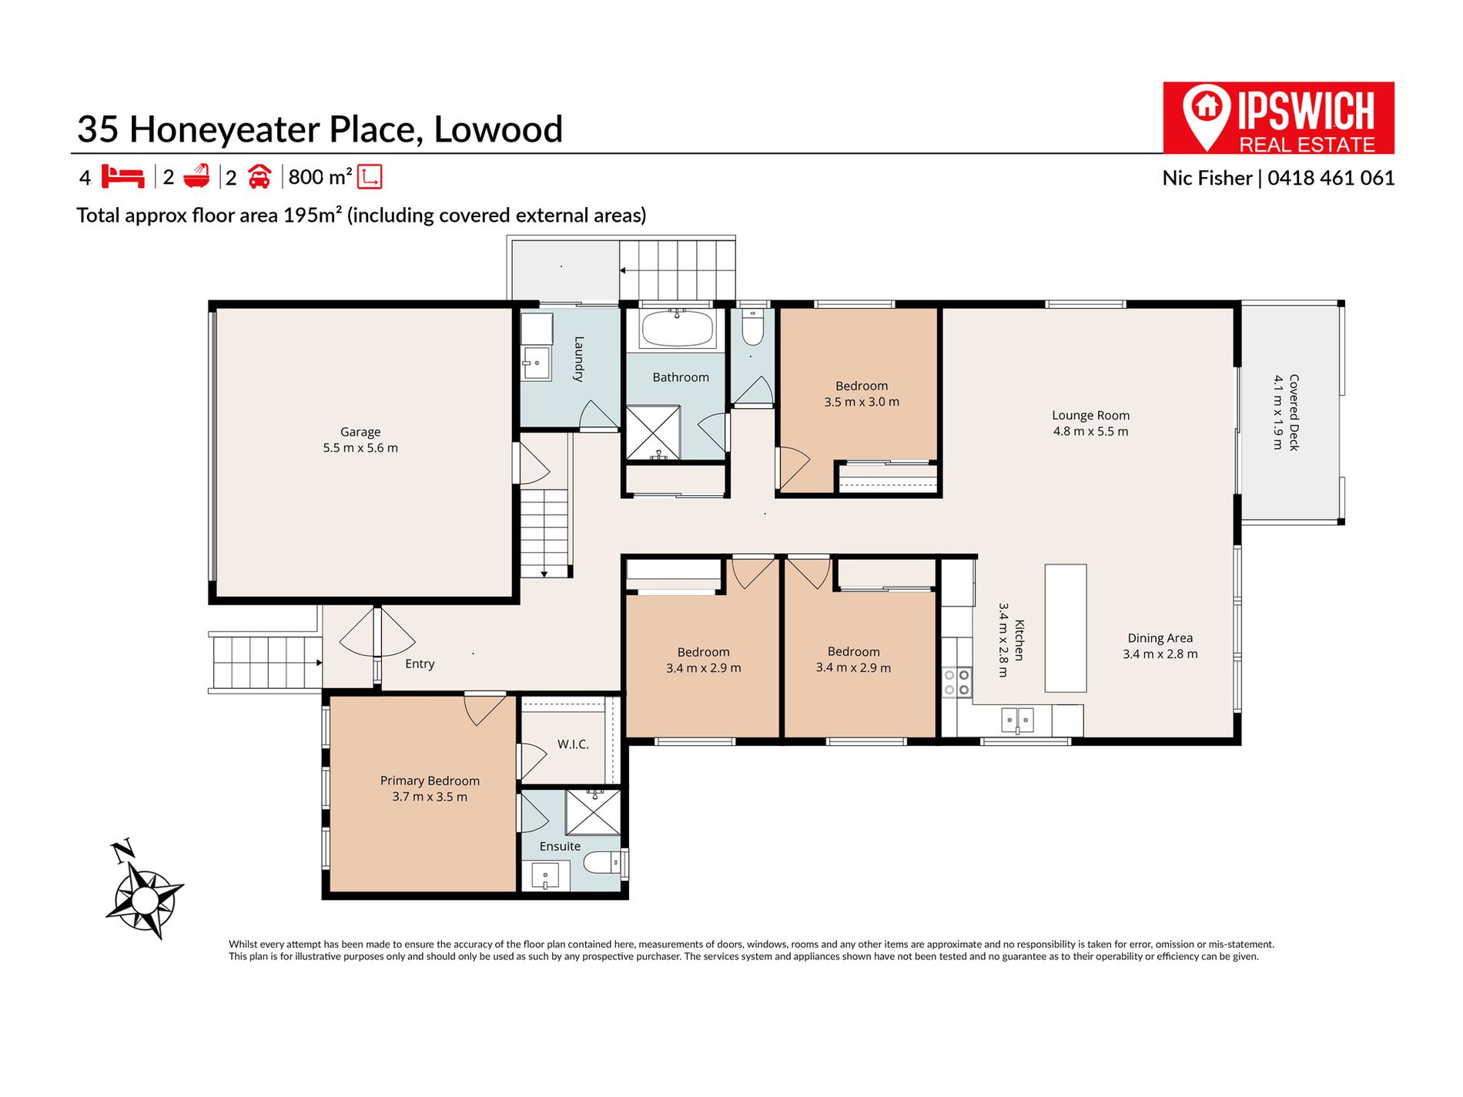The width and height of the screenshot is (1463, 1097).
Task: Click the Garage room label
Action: pyautogui.click(x=360, y=432)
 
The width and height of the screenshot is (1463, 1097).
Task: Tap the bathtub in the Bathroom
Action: pyautogui.click(x=678, y=329)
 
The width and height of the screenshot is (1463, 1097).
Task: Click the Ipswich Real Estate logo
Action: pyautogui.click(x=1279, y=118)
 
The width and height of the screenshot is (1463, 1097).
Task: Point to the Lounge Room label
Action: pyautogui.click(x=1091, y=416)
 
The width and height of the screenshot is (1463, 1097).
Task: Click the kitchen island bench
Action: pyautogui.click(x=1066, y=628)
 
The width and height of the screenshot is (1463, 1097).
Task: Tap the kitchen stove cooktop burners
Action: pyautogui.click(x=956, y=682)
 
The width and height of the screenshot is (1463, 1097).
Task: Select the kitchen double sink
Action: pyautogui.click(x=1017, y=721)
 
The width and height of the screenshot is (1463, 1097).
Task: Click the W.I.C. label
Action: pyautogui.click(x=573, y=744)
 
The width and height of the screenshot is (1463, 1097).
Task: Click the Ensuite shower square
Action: pyautogui.click(x=593, y=812)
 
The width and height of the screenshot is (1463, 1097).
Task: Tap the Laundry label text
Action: pyautogui.click(x=579, y=359)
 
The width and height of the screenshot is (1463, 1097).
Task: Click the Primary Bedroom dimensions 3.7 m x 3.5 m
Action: pyautogui.click(x=430, y=797)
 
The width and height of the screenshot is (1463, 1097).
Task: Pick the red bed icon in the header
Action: pyautogui.click(x=123, y=177)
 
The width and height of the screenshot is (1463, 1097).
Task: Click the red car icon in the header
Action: pyautogui.click(x=259, y=177)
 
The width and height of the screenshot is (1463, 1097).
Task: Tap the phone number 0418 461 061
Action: pyautogui.click(x=1331, y=178)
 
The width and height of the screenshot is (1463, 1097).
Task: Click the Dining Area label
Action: pyautogui.click(x=1160, y=638)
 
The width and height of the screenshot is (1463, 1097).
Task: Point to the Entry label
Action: pyautogui.click(x=420, y=664)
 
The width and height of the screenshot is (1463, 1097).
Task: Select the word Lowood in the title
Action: pyautogui.click(x=498, y=129)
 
